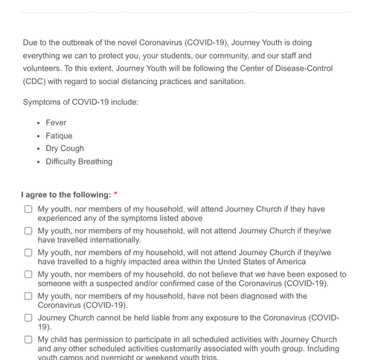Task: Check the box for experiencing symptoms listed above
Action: [28, 209]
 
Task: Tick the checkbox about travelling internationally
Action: [28, 231]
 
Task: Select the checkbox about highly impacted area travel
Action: [28, 252]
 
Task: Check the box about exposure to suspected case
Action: [28, 274]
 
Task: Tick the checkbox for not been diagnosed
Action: [28, 295]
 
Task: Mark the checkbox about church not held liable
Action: [28, 317]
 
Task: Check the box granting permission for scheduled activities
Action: [28, 339]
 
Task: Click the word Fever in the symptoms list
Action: [56, 123]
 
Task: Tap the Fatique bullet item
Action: [60, 135]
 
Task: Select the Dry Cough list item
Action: [65, 148]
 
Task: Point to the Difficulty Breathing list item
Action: [79, 161]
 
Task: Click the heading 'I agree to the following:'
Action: [66, 195]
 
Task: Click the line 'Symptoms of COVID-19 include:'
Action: [80, 100]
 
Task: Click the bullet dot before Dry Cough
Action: [38, 149]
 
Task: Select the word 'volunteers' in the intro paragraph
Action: [43, 68]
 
